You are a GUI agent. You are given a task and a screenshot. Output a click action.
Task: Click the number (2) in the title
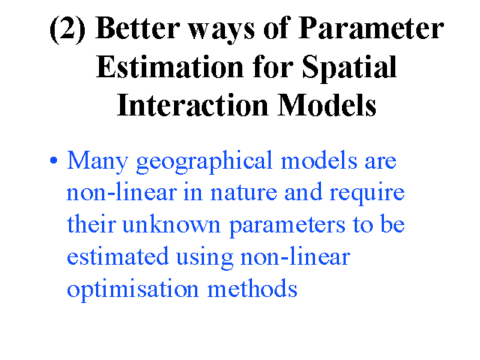(x=67, y=28)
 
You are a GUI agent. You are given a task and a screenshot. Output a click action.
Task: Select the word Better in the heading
(x=137, y=28)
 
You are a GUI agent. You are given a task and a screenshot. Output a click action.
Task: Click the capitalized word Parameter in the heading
(x=371, y=28)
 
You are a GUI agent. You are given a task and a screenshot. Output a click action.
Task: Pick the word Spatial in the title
(x=349, y=68)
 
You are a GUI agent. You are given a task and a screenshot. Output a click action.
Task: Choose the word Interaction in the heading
(x=193, y=105)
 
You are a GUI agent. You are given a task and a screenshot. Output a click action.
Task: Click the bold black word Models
(x=327, y=105)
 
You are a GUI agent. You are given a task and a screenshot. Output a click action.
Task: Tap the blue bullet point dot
(x=53, y=160)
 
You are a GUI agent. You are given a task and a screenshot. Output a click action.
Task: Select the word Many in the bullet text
(x=97, y=162)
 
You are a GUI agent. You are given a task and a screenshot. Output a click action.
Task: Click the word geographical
(x=204, y=162)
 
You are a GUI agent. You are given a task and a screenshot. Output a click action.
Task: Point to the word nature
(x=244, y=193)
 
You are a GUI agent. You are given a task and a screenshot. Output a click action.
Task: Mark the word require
(x=367, y=194)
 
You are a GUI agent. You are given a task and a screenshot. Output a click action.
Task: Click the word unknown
(x=172, y=223)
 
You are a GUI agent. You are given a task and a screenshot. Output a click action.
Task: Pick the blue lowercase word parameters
(x=287, y=226)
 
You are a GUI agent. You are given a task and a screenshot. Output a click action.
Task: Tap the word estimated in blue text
(x=118, y=256)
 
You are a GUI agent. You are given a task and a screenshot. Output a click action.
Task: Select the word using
(x=205, y=258)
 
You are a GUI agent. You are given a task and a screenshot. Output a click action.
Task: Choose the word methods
(x=253, y=287)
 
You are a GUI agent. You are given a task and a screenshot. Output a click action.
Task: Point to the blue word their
(x=91, y=223)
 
